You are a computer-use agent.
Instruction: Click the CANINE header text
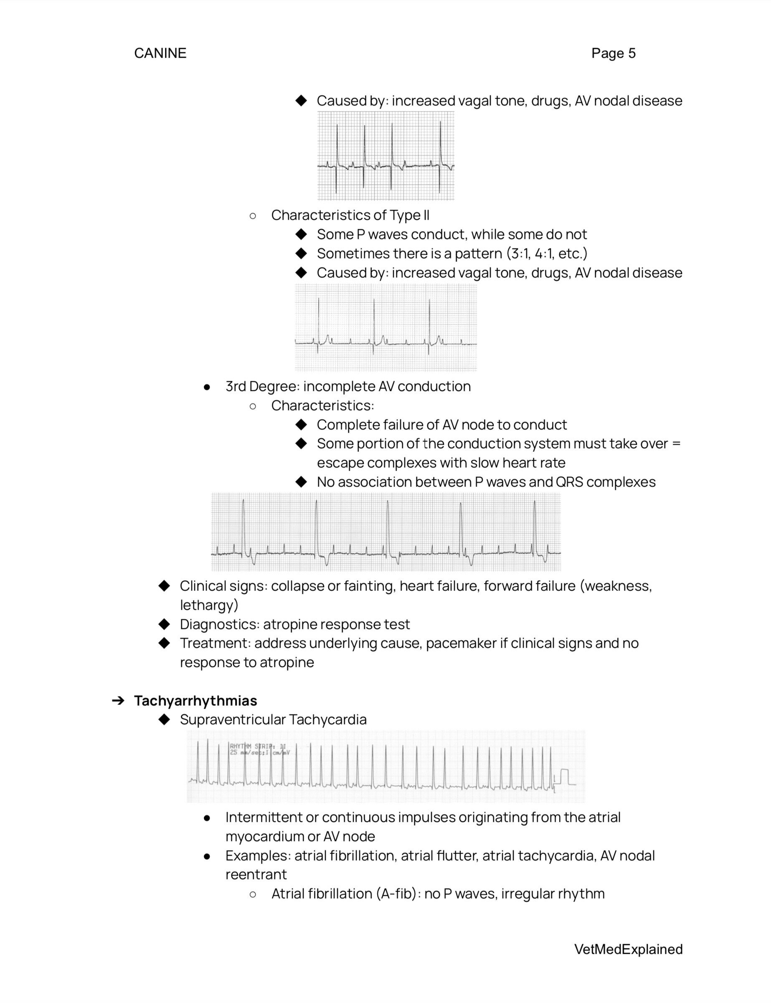pyautogui.click(x=160, y=53)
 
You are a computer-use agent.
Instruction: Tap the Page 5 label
pyautogui.click(x=613, y=53)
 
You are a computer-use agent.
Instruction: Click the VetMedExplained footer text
pyautogui.click(x=628, y=949)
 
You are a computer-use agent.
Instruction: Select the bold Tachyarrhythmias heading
pyautogui.click(x=195, y=701)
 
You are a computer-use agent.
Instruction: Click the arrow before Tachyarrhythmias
pyautogui.click(x=118, y=701)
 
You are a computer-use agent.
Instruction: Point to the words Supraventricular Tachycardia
pyautogui.click(x=273, y=719)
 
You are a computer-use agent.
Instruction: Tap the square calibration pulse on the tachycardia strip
pyautogui.click(x=564, y=777)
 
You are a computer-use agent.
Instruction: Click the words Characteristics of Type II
pyautogui.click(x=350, y=215)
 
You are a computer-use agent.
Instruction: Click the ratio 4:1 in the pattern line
pyautogui.click(x=544, y=253)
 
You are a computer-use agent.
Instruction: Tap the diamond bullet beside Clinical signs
pyautogui.click(x=164, y=586)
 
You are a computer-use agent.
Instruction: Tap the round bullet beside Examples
pyautogui.click(x=207, y=856)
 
